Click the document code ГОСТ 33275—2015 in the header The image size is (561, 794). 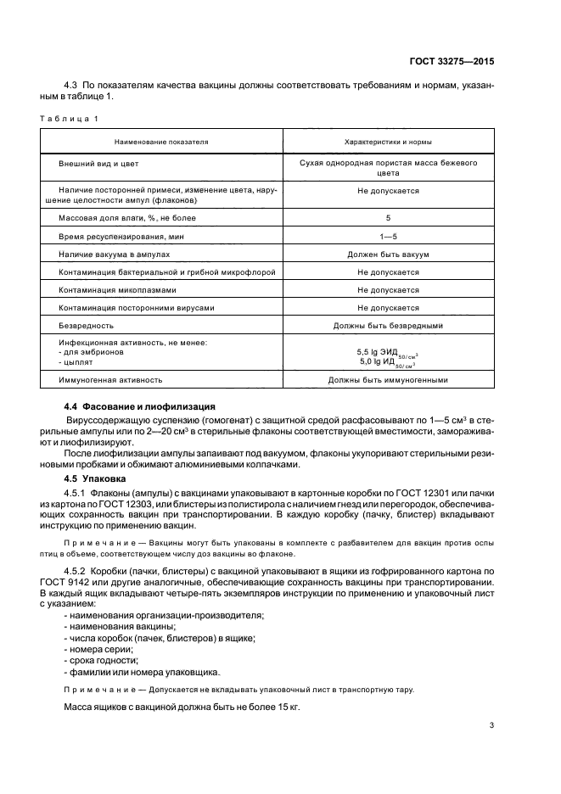tap(453, 60)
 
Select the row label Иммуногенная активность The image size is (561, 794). tap(110, 380)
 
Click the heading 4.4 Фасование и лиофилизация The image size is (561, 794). tap(140, 407)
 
